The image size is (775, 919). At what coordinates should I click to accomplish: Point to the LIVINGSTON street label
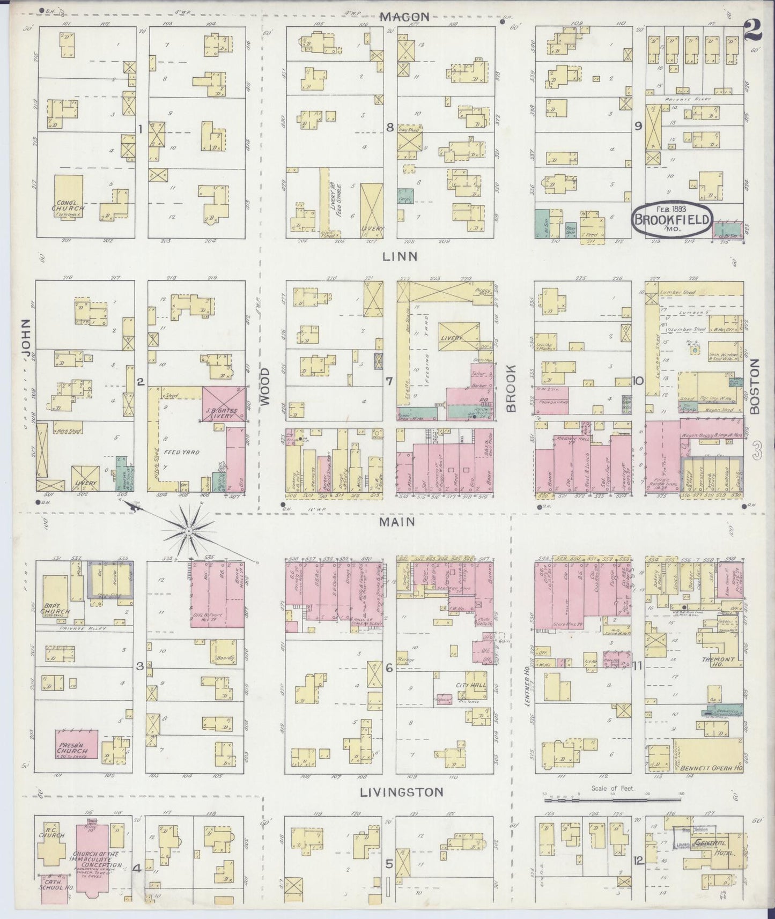click(402, 792)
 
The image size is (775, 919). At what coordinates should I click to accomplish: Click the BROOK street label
click(511, 389)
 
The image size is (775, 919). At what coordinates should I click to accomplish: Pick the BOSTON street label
click(755, 386)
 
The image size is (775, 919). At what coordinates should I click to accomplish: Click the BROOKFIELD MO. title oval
click(673, 218)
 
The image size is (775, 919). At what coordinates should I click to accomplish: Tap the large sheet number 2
click(754, 31)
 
